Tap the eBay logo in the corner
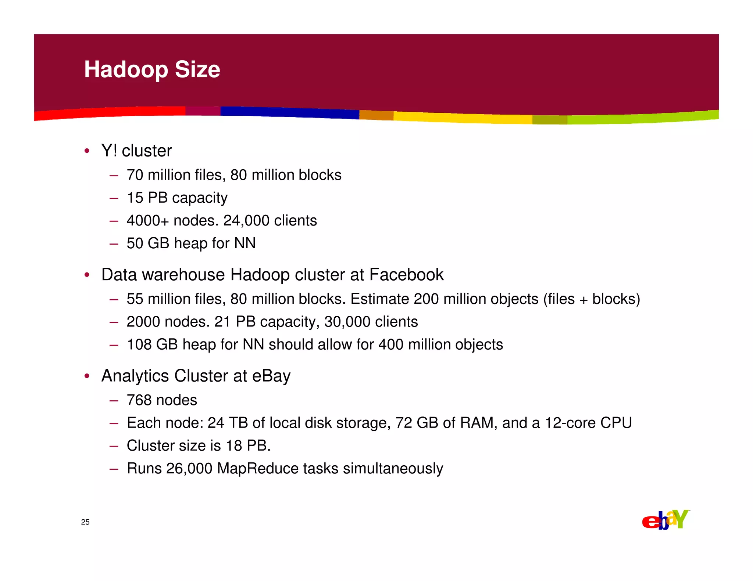[x=665, y=520]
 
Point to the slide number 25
[x=85, y=522]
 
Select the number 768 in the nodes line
[x=139, y=400]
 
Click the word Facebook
[x=406, y=275]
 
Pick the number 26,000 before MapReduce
[x=189, y=469]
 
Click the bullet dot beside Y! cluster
[x=87, y=151]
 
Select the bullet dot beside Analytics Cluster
[x=87, y=376]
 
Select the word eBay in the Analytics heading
[x=271, y=376]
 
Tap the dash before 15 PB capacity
[x=114, y=198]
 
